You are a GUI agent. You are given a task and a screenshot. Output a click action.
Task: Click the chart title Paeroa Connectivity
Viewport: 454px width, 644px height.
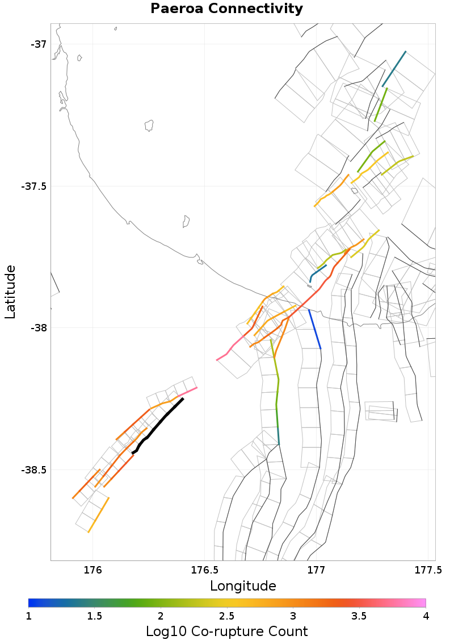click(x=226, y=9)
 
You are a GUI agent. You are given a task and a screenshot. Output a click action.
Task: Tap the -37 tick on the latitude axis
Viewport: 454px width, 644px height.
click(x=39, y=44)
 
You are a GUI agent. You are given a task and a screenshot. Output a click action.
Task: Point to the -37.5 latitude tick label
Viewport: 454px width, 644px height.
click(x=35, y=186)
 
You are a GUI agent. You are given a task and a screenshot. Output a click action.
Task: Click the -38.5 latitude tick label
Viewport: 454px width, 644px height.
click(x=35, y=470)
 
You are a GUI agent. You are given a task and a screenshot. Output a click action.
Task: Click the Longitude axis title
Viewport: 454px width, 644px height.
click(x=243, y=586)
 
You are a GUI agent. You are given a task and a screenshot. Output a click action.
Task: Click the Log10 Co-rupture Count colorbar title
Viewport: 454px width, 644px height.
click(x=226, y=631)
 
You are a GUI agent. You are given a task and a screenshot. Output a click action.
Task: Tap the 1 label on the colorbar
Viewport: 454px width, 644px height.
click(x=29, y=616)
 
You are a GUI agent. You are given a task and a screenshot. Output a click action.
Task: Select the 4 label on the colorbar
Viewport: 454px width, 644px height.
click(x=425, y=616)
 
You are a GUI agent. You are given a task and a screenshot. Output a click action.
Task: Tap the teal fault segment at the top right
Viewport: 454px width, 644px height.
click(x=394, y=69)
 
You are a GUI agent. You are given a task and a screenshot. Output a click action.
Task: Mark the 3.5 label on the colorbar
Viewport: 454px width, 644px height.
click(x=359, y=616)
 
